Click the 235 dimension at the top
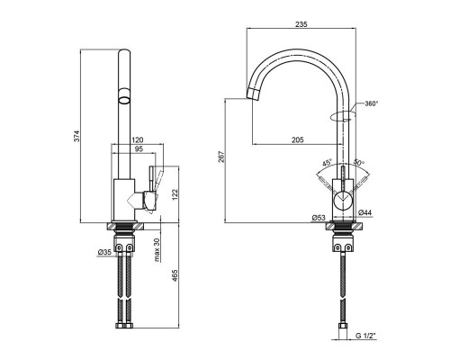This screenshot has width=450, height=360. (x=301, y=24)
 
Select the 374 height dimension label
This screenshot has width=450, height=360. (x=76, y=136)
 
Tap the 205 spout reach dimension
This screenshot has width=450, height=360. (x=298, y=139)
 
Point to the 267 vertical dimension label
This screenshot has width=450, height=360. (x=221, y=157)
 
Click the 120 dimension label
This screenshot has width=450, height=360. (x=138, y=139)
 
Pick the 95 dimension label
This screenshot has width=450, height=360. (x=139, y=148)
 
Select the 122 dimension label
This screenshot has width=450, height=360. (x=175, y=194)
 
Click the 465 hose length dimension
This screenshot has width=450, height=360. (x=175, y=276)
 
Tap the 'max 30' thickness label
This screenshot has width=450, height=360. (x=157, y=250)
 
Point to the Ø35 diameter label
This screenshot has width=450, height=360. (x=104, y=253)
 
